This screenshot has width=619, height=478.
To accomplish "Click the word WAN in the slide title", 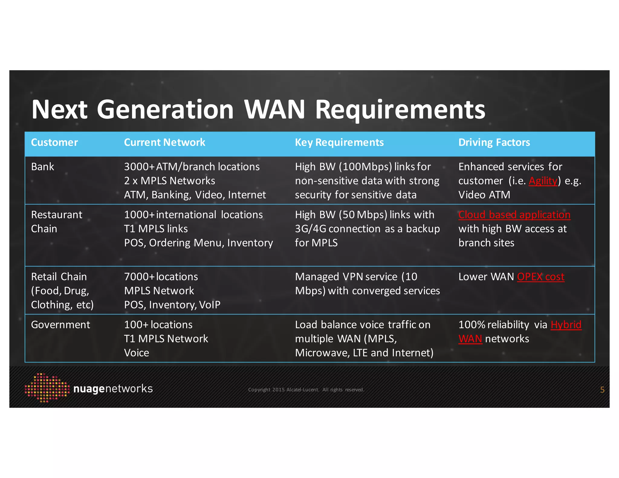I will pos(274,109).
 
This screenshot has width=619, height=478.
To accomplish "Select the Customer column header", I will pos(54,142).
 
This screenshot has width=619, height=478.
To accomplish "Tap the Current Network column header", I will pos(164,142).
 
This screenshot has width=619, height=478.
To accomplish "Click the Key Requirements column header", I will pos(339,142).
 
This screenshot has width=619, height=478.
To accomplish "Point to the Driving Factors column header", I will pos(494,142).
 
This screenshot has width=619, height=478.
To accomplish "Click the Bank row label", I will pos(43,167).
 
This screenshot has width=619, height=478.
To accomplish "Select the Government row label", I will pos(60,325).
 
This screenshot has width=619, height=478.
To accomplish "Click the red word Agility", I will pos(543,181).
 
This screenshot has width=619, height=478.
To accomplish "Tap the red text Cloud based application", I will pos(514,215).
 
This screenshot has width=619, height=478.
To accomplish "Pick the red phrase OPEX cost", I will pos(540,277).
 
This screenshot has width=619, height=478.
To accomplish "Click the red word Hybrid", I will pos(566,325).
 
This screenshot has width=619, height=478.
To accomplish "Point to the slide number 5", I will pos(602,390).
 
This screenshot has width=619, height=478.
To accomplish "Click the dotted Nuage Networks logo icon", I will pos(47,388).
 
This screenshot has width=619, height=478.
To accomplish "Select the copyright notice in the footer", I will pos(306,390).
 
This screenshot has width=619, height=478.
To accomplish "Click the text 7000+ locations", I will pos(161,277).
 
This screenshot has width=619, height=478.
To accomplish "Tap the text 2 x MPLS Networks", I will pos(169,181).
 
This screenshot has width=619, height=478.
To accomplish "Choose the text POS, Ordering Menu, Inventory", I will pos(198,243).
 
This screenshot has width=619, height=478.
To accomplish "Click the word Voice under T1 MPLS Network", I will pos(137,353).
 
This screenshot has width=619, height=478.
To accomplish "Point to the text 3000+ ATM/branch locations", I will pos(192,167).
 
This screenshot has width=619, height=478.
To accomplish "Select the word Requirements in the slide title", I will pos(400,109).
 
